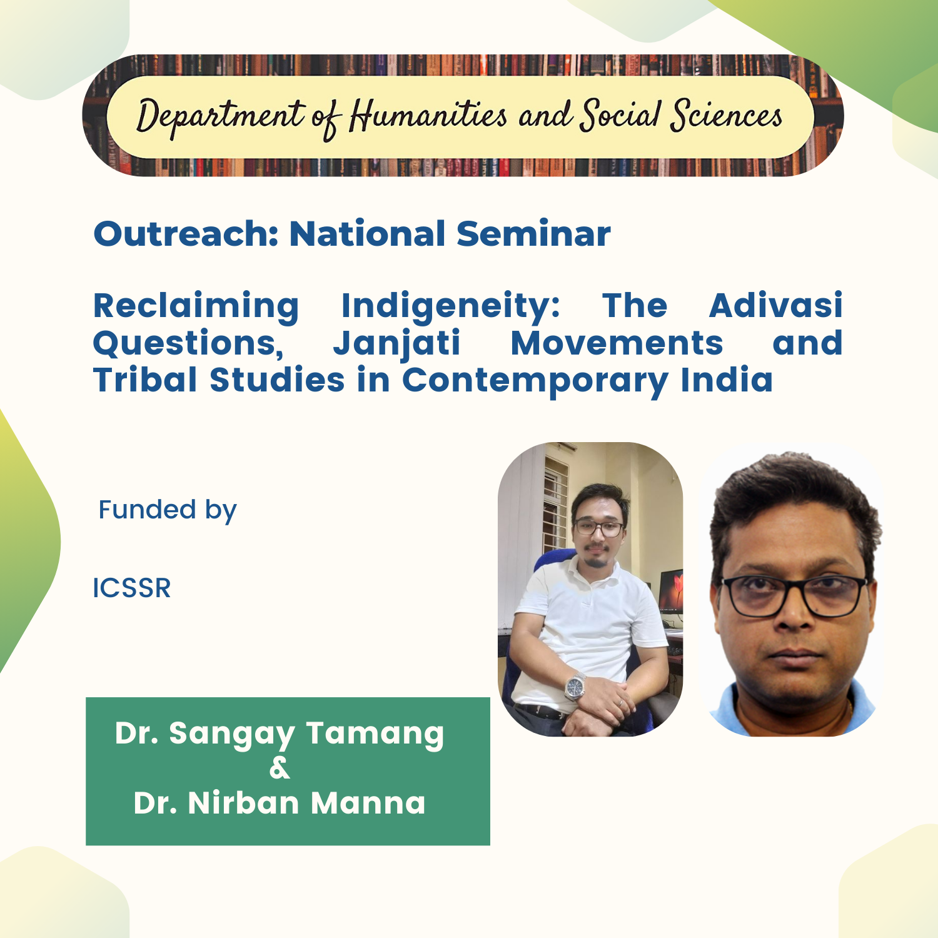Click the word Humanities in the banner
(x=428, y=116)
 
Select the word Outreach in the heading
(x=186, y=234)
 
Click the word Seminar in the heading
(x=533, y=234)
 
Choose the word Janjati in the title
(x=396, y=345)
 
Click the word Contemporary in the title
(x=535, y=381)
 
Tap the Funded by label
(x=168, y=511)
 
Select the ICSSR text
(x=132, y=588)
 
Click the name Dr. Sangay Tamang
(x=280, y=734)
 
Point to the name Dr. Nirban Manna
(x=280, y=803)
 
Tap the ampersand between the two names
(x=280, y=768)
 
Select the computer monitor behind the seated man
(x=670, y=592)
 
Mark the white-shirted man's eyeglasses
(x=598, y=528)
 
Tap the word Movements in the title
(x=617, y=343)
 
